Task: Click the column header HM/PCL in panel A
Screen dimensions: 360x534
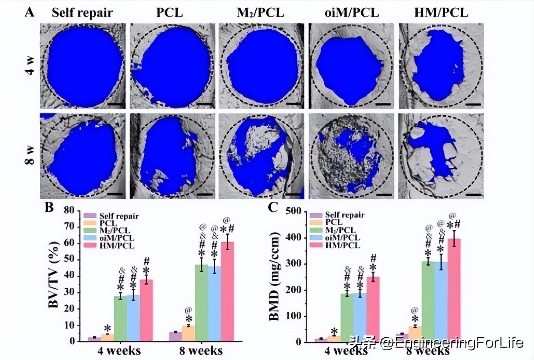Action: pos(441,12)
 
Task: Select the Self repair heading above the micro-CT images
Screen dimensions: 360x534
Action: pos(82,12)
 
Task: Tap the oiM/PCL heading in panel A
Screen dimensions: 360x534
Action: pos(352,12)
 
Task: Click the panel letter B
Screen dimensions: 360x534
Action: pos(49,207)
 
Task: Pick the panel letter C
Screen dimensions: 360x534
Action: pos(273,207)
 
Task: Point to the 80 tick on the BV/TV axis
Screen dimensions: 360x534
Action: pos(69,210)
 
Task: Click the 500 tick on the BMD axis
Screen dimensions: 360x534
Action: pos(293,211)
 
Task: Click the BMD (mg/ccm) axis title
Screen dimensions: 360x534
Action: pos(274,276)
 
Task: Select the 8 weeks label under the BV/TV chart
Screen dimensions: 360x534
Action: pos(201,351)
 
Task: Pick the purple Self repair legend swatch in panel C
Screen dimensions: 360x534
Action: pos(316,215)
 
